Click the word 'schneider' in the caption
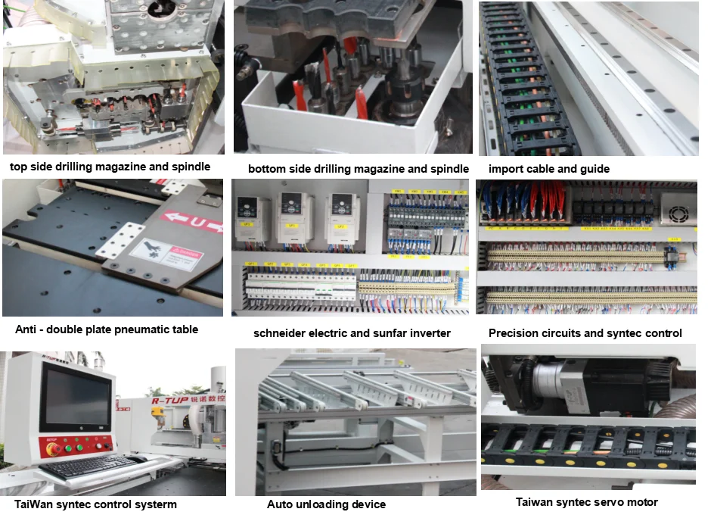click(281, 333)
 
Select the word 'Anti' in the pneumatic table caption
click(27, 329)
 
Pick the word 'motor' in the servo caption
click(642, 502)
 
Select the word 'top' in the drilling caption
click(19, 167)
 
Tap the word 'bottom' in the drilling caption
click(266, 169)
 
